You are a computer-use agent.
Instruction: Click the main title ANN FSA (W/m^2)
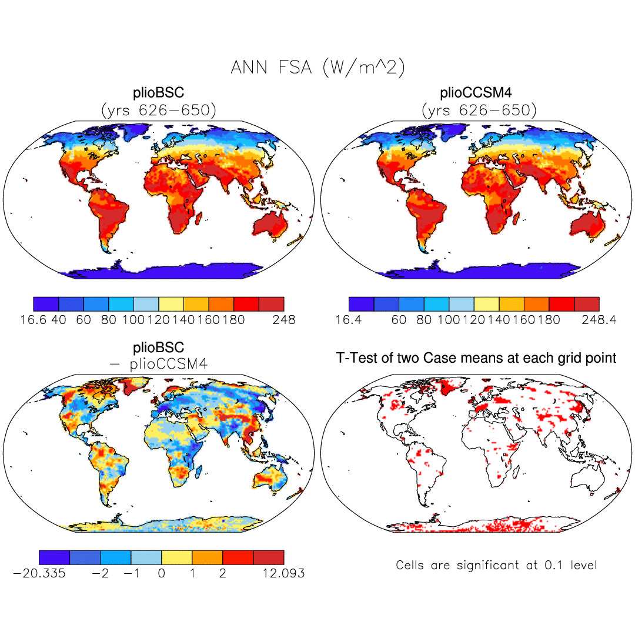point(317,68)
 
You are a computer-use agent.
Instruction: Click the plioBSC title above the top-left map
point(159,93)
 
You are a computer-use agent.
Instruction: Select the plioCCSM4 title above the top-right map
point(479,93)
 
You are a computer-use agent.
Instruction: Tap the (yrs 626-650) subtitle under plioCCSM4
point(479,110)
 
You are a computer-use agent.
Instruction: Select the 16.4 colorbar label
point(348,320)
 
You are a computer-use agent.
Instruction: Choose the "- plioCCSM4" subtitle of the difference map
point(159,364)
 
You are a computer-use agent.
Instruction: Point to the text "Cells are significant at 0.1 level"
point(496,566)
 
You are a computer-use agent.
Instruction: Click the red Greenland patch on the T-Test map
point(449,387)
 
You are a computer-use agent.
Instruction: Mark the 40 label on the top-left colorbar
point(59,320)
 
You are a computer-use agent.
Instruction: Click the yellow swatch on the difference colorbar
point(176,557)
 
